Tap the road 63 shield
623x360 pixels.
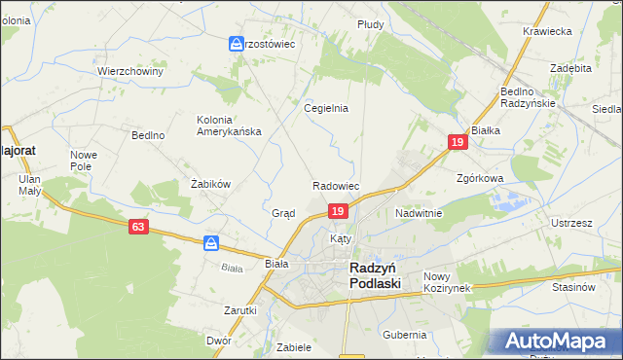[139, 226]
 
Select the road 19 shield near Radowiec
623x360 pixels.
[337, 211]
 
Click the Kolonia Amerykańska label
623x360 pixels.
[229, 126]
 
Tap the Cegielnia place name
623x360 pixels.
[326, 109]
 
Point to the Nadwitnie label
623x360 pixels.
[419, 212]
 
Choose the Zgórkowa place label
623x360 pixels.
[479, 179]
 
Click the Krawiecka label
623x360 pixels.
[546, 31]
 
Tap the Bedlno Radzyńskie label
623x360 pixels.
[528, 97]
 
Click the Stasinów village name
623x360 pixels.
[572, 287]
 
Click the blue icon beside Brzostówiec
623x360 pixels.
[237, 44]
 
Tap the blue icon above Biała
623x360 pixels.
[210, 243]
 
